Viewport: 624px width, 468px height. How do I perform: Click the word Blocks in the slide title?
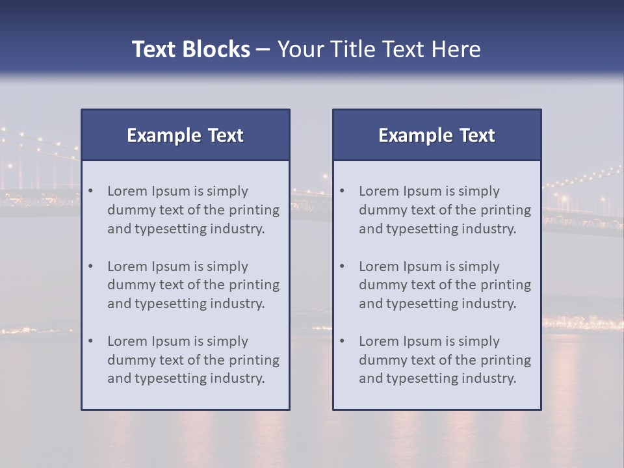point(216,49)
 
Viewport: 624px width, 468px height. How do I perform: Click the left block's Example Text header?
point(185,135)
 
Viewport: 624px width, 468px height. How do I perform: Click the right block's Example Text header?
point(437,135)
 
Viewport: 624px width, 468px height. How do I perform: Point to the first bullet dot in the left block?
point(91,191)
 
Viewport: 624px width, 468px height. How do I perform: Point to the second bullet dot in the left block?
point(91,266)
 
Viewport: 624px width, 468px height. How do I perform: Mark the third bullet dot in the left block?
point(91,341)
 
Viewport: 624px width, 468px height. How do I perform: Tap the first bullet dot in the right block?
point(343,191)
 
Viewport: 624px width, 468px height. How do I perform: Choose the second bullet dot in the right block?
point(343,266)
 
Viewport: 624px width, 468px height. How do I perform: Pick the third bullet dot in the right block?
point(343,341)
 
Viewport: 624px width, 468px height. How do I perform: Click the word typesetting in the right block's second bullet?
point(422,304)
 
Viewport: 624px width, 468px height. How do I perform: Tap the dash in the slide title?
point(263,50)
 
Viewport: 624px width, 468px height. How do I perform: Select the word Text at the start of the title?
point(154,49)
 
